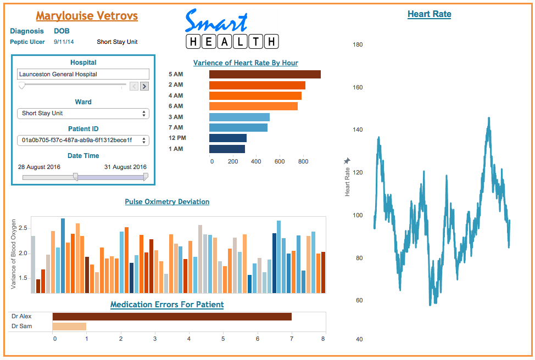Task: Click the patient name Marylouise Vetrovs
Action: [87, 16]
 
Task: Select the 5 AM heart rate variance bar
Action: [265, 74]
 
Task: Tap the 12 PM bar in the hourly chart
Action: [228, 138]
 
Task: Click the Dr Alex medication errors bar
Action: [172, 317]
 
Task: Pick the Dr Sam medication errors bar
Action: [69, 327]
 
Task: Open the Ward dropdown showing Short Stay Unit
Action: [83, 114]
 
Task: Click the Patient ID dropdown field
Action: [83, 140]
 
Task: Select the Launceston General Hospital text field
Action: [83, 74]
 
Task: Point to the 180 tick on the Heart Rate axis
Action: [357, 44]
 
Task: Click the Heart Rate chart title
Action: [429, 14]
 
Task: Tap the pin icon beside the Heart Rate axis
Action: [347, 161]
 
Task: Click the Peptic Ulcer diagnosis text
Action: [27, 42]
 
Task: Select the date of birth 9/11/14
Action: [64, 42]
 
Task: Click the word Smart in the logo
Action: [216, 21]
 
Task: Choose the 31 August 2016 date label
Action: [125, 167]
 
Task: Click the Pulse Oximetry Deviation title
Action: [167, 202]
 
